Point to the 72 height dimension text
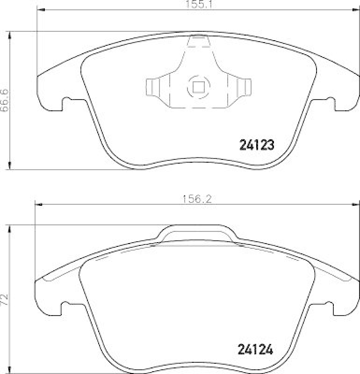tap(5, 297)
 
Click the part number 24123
tap(256, 144)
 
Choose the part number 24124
tap(256, 349)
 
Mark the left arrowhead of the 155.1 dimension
tap(40, 9)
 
